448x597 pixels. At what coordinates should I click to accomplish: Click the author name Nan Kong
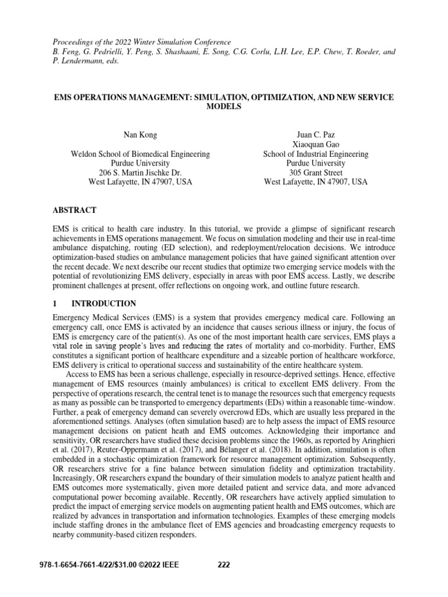click(141, 134)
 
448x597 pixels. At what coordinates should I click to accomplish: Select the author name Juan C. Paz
click(316, 134)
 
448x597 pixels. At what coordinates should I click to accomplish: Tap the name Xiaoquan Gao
click(316, 144)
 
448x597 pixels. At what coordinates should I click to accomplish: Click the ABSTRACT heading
click(74, 210)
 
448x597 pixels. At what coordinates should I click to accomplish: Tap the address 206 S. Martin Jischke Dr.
click(141, 173)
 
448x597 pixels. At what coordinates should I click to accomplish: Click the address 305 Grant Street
click(316, 173)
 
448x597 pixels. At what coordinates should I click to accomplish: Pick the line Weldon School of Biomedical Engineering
click(141, 154)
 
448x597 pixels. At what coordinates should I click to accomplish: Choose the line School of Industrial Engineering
click(316, 154)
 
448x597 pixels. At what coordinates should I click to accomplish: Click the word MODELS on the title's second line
click(224, 107)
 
